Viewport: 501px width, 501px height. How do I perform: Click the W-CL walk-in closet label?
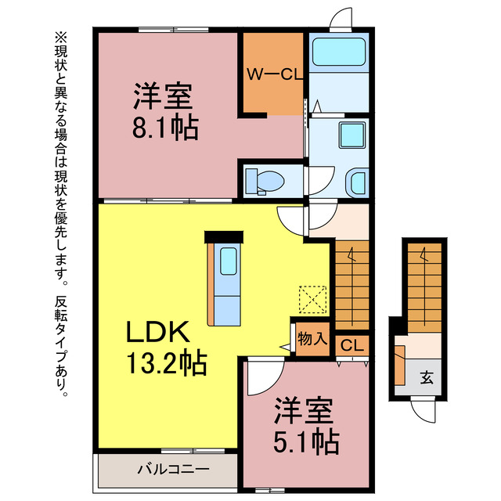click(270, 75)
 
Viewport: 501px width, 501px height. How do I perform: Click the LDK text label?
click(159, 332)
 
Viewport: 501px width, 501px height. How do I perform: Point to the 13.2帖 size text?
click(167, 362)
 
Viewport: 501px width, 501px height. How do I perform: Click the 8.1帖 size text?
click(164, 126)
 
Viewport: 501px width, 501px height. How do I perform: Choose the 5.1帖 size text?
click(306, 442)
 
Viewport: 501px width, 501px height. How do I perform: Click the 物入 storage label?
click(312, 339)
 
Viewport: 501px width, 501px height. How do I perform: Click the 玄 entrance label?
click(427, 377)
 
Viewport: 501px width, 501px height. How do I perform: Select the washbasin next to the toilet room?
click(356, 182)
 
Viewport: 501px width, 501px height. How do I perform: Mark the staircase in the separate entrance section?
click(424, 285)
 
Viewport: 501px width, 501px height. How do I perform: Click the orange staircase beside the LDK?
click(351, 283)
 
